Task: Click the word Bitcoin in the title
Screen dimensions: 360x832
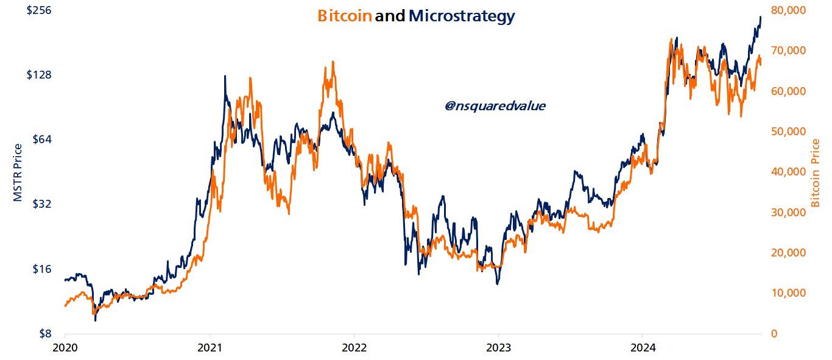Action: click(344, 16)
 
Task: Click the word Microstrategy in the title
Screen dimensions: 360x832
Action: click(461, 16)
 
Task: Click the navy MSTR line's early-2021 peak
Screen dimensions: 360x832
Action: click(225, 77)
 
